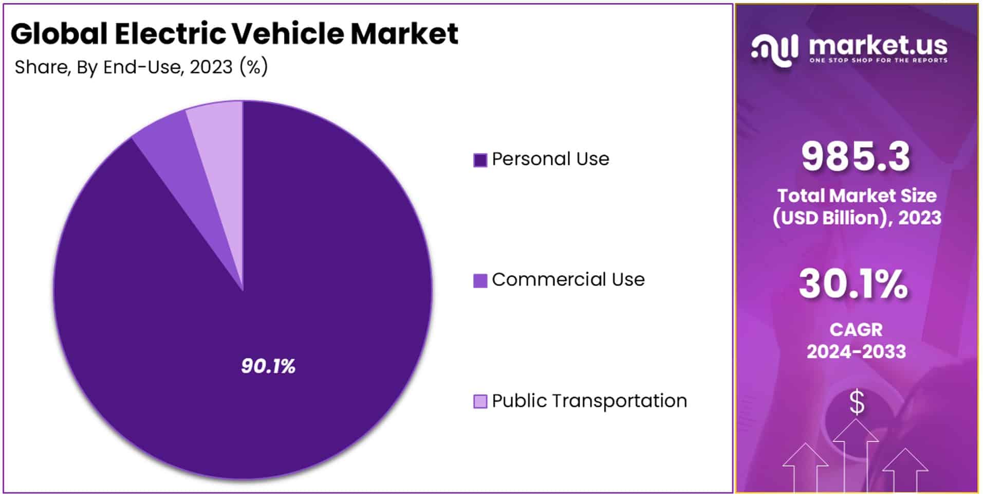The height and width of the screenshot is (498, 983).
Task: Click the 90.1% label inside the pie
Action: click(x=268, y=366)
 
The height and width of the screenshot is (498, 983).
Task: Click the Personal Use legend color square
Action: click(x=480, y=160)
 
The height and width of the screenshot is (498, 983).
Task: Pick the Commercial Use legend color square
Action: click(x=480, y=280)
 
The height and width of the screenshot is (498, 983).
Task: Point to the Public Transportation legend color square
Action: click(x=480, y=401)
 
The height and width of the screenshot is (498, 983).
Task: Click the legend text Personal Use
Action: click(x=550, y=159)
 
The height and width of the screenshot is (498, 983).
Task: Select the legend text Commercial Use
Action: click(x=568, y=279)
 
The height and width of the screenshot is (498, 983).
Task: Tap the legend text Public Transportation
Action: click(x=589, y=401)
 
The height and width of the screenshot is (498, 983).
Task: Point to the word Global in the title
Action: click(x=59, y=34)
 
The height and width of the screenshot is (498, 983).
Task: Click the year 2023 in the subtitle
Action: click(x=211, y=67)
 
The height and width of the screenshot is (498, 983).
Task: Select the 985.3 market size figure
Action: click(x=856, y=156)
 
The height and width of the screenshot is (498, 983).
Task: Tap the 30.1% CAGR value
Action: click(x=854, y=284)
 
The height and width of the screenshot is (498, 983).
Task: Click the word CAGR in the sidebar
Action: click(x=856, y=329)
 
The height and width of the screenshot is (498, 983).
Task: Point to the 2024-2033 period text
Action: click(x=856, y=352)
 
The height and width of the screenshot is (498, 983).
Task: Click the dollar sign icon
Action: click(x=857, y=402)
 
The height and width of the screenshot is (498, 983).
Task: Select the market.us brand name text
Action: click(x=878, y=46)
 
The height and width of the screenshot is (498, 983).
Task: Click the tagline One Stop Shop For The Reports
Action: click(x=878, y=61)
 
